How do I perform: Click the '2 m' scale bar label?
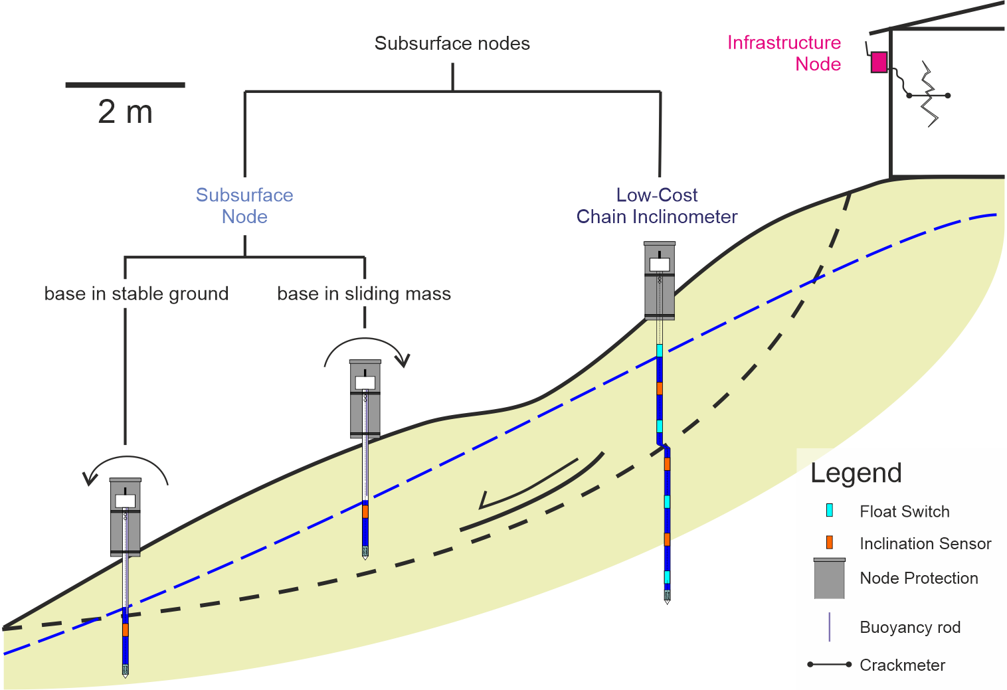tap(125, 112)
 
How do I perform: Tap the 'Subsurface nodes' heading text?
tap(452, 44)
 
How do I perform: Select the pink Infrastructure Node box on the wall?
tap(879, 62)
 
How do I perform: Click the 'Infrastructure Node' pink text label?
tap(784, 53)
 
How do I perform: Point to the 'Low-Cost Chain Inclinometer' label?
tap(657, 206)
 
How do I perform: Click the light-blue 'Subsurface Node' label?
tap(244, 206)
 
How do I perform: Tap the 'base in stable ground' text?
tap(136, 294)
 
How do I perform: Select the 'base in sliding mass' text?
tap(364, 294)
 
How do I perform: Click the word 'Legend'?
tap(856, 473)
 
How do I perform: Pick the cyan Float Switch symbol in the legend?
tap(830, 510)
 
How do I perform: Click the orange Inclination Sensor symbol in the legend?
tap(830, 543)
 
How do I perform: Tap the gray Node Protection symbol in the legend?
tap(830, 578)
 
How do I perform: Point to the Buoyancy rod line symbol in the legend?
tap(830, 627)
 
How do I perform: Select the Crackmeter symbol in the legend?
tap(830, 664)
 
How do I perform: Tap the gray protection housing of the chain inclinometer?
tap(660, 282)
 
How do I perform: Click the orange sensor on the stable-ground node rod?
tap(125, 629)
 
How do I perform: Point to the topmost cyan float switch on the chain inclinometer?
tap(660, 350)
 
